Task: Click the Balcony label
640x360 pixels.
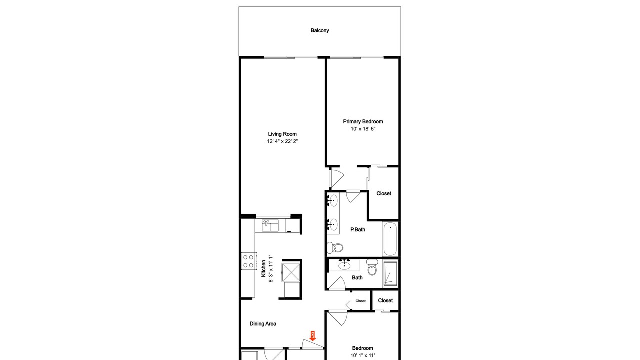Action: pyautogui.click(x=319, y=30)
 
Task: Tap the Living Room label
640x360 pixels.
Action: pyautogui.click(x=282, y=134)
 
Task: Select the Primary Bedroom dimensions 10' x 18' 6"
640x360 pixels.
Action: pyautogui.click(x=363, y=129)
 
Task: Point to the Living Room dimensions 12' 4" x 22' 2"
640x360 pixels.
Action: pyautogui.click(x=282, y=141)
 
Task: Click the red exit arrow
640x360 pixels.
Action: pyautogui.click(x=313, y=336)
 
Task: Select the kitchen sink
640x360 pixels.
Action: pyautogui.click(x=270, y=225)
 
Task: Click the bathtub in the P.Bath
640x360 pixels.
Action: pyautogui.click(x=389, y=239)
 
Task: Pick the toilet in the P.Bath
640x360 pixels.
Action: pyautogui.click(x=335, y=247)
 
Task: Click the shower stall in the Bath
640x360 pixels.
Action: pyautogui.click(x=390, y=273)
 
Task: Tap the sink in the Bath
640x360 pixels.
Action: pyautogui.click(x=344, y=265)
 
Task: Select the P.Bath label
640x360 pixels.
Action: pyautogui.click(x=357, y=229)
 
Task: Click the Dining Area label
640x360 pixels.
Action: pyautogui.click(x=263, y=323)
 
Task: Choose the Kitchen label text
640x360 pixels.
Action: pyautogui.click(x=263, y=268)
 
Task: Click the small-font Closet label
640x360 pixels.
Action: pyautogui.click(x=360, y=301)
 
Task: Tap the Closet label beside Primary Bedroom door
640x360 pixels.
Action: pyautogui.click(x=383, y=193)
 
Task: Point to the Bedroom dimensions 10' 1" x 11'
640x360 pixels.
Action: pyautogui.click(x=363, y=355)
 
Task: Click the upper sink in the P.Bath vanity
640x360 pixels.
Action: pyautogui.click(x=332, y=201)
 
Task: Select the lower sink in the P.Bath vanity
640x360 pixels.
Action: pyautogui.click(x=332, y=225)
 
